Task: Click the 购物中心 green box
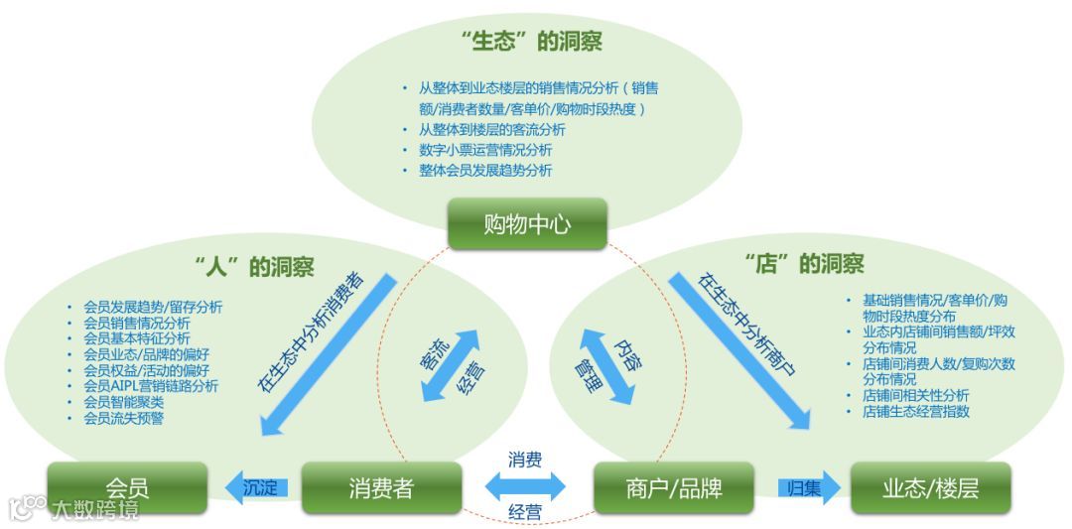[x=526, y=223]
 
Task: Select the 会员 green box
[x=127, y=487]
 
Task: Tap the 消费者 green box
[x=381, y=487]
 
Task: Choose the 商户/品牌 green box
[x=674, y=487]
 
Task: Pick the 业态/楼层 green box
[x=930, y=487]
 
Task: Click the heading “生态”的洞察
[x=532, y=42]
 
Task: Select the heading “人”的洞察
[x=255, y=266]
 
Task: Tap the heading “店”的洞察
[x=804, y=263]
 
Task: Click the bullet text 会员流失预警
[x=124, y=418]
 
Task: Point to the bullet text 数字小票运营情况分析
[x=485, y=150]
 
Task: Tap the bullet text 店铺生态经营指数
[x=916, y=411]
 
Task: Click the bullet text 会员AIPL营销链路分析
[x=151, y=386]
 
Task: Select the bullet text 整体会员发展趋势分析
[x=485, y=171]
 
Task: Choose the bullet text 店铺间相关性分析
[x=916, y=395]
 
